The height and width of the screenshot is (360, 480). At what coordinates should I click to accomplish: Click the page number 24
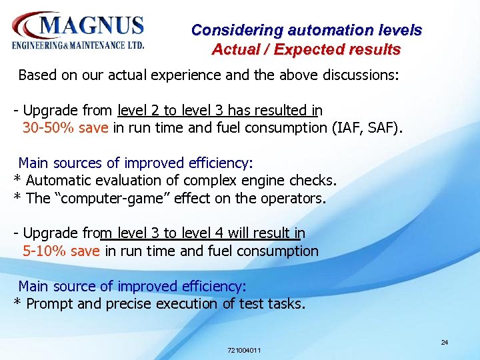[x=445, y=343]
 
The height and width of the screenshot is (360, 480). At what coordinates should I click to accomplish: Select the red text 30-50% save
[x=65, y=128]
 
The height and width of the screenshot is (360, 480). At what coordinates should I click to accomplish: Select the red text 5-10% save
[x=61, y=251]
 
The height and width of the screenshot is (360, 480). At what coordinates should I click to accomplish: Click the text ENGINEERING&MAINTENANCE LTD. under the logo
[x=78, y=46]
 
